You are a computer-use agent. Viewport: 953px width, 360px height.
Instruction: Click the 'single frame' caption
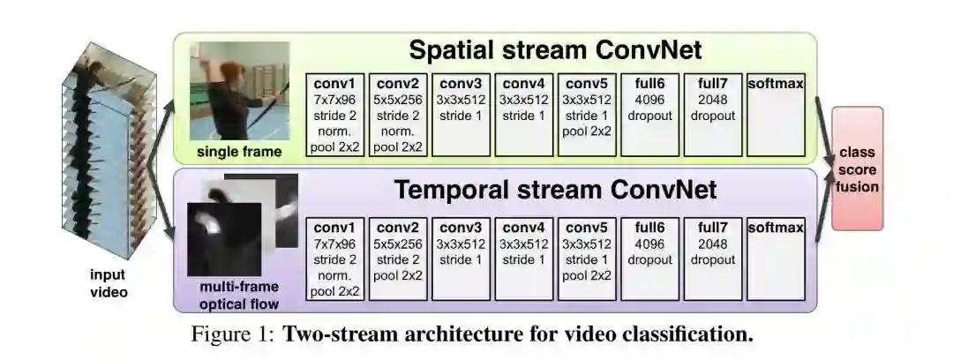[241, 152]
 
